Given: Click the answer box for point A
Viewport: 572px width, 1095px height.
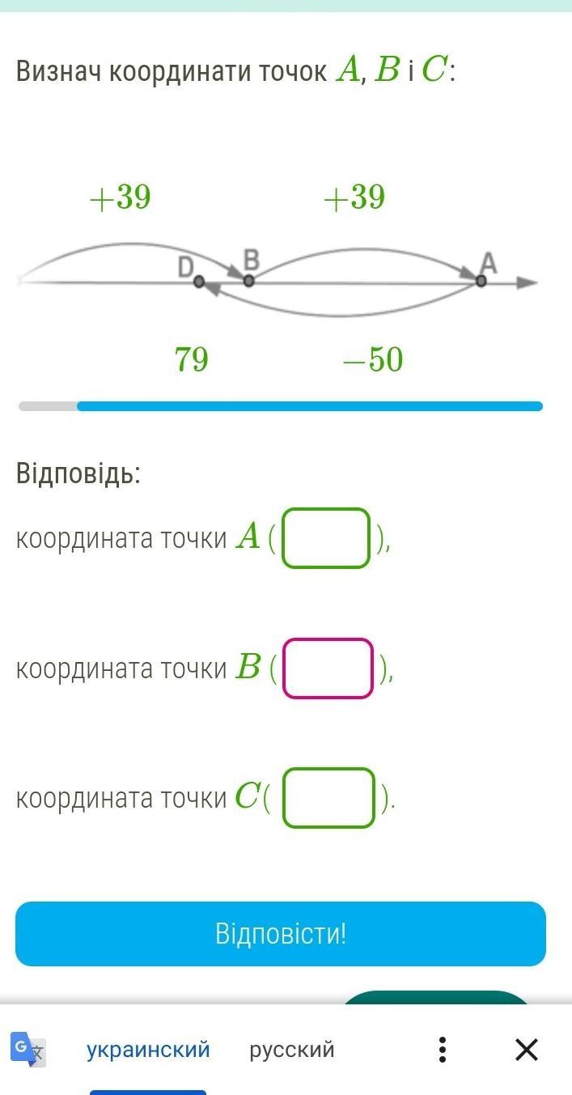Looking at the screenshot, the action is pyautogui.click(x=326, y=538).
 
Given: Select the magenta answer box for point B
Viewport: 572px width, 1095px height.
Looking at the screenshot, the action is pyautogui.click(x=328, y=668).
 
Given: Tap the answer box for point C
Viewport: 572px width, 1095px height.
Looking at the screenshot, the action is pyautogui.click(x=328, y=798).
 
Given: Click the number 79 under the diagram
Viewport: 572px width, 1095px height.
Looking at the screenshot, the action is pyautogui.click(x=192, y=359).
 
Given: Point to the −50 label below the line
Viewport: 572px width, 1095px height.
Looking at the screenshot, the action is pyautogui.click(x=373, y=359).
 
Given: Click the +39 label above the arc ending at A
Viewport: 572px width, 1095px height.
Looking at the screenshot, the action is pyautogui.click(x=354, y=197).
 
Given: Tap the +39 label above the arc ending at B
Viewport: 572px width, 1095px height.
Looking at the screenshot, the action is pyautogui.click(x=121, y=197).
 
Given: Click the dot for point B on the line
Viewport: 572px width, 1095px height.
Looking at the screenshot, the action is pyautogui.click(x=249, y=281).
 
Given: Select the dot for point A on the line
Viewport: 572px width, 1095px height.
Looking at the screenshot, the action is pyautogui.click(x=481, y=281).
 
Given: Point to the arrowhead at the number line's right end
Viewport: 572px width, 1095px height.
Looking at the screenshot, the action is pyautogui.click(x=528, y=282).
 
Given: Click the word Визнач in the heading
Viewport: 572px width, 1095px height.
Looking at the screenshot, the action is pyautogui.click(x=59, y=72).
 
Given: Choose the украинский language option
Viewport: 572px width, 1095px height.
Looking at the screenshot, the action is pyautogui.click(x=148, y=1050).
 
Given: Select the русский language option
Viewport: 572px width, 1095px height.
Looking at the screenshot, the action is pyautogui.click(x=292, y=1050).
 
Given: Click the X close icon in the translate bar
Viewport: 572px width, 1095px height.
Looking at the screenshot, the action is pyautogui.click(x=527, y=1050).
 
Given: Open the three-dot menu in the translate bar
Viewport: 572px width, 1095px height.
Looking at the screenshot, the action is pyautogui.click(x=443, y=1050).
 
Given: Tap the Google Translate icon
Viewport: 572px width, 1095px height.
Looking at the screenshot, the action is pyautogui.click(x=28, y=1049).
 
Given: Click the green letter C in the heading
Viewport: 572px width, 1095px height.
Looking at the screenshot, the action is pyautogui.click(x=434, y=71).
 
